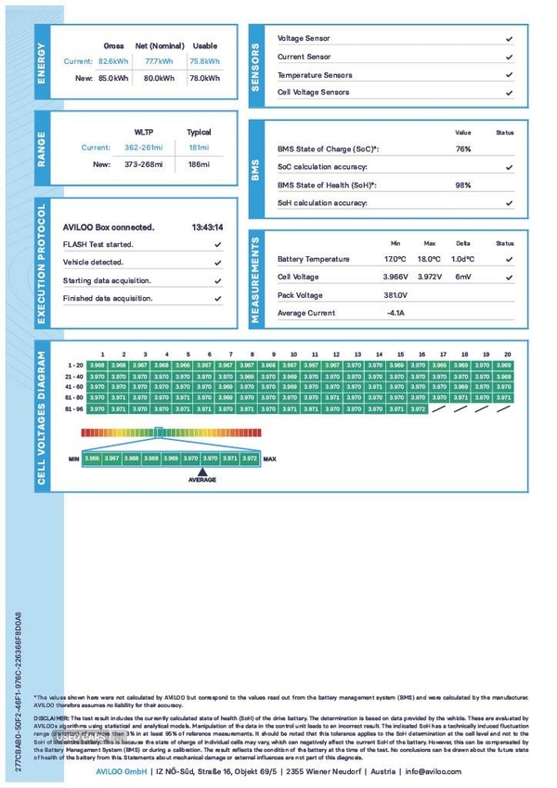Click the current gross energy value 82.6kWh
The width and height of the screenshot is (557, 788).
113,61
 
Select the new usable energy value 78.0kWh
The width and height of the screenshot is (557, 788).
204,78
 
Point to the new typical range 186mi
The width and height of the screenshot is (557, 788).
199,164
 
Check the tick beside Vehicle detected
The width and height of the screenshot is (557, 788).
217,263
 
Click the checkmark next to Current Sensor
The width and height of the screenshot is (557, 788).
509,58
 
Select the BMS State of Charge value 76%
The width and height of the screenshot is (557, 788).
462,149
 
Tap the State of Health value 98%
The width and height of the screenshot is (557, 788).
462,185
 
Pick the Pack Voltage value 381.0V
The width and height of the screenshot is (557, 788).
395,295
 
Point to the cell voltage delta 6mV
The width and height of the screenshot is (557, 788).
463,277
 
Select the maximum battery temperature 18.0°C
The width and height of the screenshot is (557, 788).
429,259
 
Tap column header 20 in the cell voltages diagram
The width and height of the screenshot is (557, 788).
507,355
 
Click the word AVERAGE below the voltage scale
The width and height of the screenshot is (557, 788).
202,480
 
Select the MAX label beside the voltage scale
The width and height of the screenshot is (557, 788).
269,459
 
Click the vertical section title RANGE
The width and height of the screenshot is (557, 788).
42,149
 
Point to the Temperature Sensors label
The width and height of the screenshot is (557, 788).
315,75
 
